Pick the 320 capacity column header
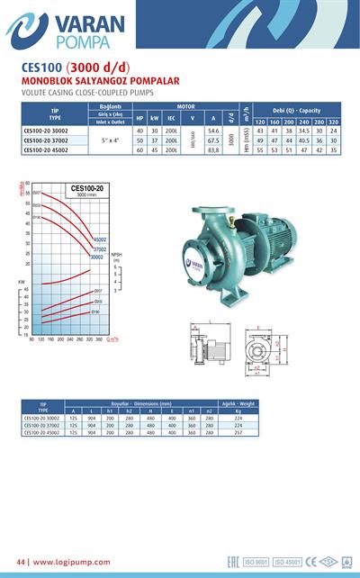pos(333,122)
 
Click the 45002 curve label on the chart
pos(99,239)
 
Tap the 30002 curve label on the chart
pos(96,257)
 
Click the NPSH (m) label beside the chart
pos(116,257)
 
